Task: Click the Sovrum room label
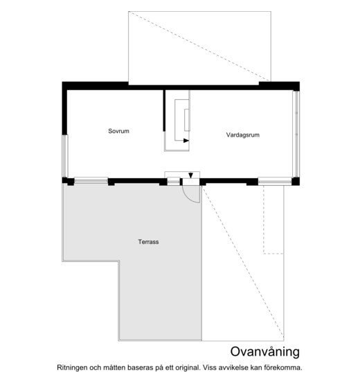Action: coord(118,131)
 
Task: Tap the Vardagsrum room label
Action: coord(242,135)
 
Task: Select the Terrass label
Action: coord(148,242)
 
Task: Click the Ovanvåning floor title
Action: coord(265,351)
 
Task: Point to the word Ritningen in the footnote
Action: coord(72,368)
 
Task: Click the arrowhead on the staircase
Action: coord(186,141)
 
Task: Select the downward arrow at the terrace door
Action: coord(191,175)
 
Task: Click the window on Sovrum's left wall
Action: coord(64,156)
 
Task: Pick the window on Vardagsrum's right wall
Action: coord(296,134)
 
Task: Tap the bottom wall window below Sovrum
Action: coord(91,180)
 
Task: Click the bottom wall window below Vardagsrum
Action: coord(275,181)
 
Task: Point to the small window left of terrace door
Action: coord(173,182)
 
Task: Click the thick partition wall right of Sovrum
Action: coord(164,110)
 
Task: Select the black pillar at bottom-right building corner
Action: coord(296,182)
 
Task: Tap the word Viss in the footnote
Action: coord(209,367)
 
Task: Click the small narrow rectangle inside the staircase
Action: coord(187,120)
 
